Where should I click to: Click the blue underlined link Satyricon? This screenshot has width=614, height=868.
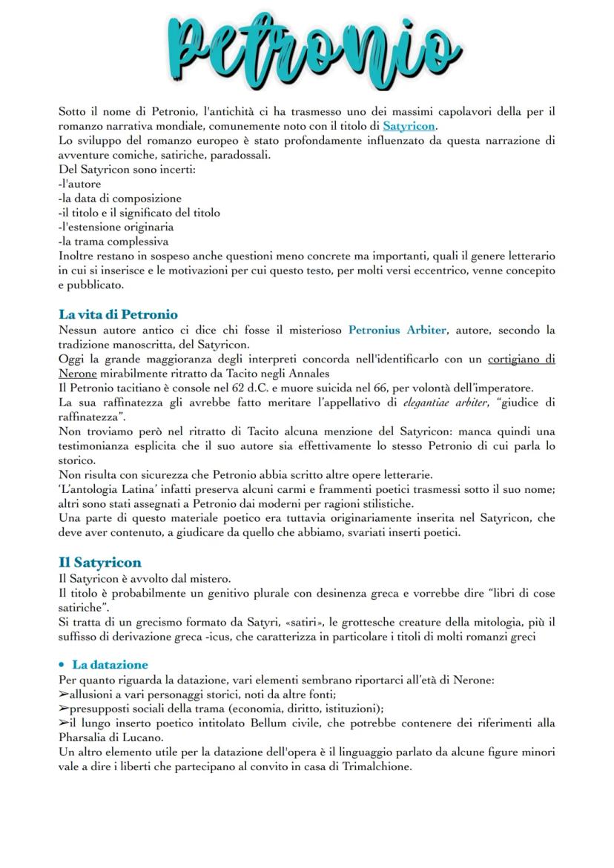pos(409,127)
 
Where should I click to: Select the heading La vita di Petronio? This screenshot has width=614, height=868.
pos(118,314)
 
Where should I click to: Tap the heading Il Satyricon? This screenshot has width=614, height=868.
pos(99,562)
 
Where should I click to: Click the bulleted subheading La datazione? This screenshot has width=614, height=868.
pos(109,664)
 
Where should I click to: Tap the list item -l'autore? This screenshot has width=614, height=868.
pos(79,185)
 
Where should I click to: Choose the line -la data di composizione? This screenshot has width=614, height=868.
pos(119,199)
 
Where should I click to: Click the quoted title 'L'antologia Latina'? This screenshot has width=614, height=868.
pos(111,475)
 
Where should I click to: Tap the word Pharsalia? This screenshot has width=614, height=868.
pos(84,737)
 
